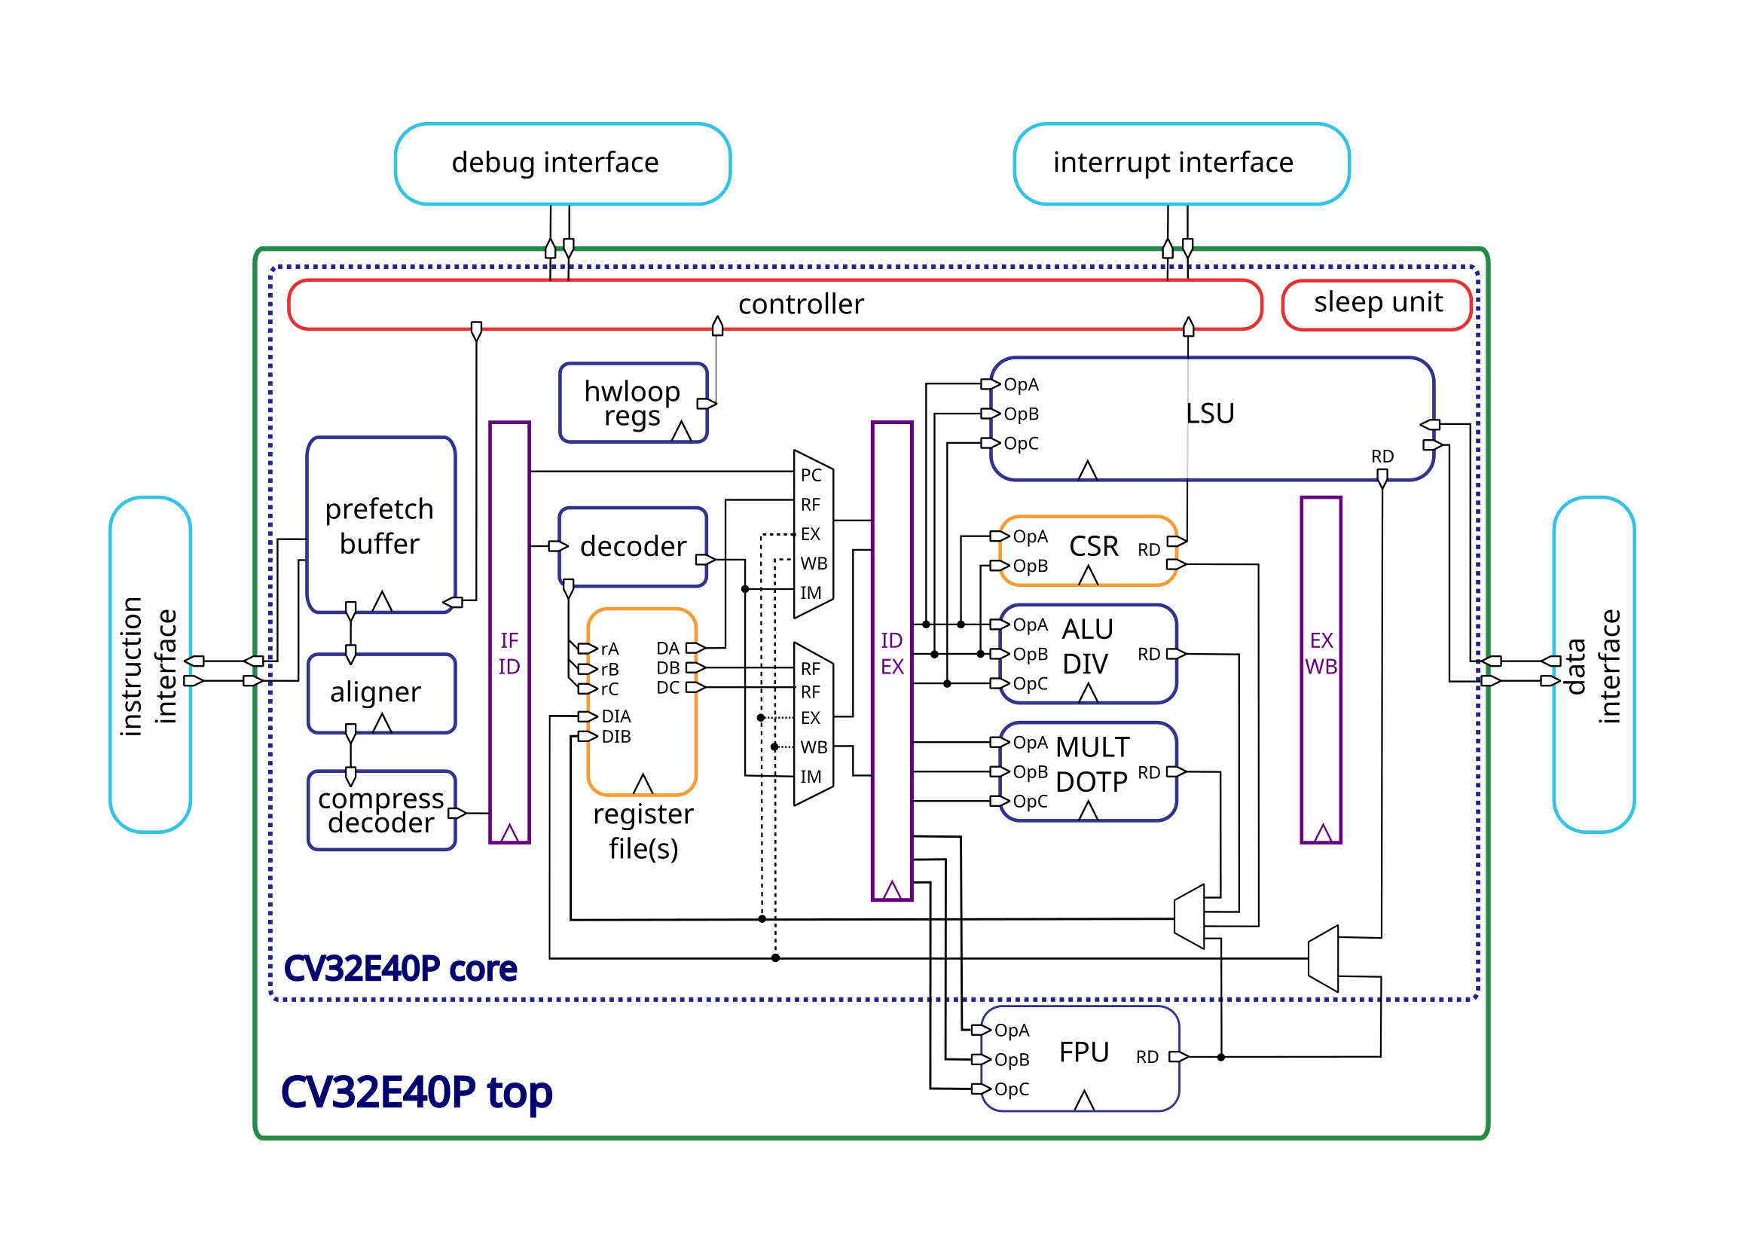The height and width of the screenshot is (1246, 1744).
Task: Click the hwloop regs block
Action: (632, 402)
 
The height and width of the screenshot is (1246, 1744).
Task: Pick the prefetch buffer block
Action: (380, 525)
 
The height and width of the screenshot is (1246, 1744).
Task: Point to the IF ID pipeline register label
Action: (509, 653)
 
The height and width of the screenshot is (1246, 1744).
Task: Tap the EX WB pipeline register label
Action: (1321, 653)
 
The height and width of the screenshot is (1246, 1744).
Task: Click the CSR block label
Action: (1093, 546)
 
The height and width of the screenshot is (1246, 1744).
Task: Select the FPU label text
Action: (1083, 1052)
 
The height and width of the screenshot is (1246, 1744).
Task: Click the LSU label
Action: (1209, 414)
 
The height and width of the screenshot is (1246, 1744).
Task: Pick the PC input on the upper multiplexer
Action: (811, 475)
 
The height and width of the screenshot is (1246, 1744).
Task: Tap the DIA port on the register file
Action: (615, 716)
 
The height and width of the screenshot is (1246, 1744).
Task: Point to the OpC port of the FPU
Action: (1010, 1089)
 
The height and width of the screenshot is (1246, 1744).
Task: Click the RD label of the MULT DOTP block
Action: (1148, 772)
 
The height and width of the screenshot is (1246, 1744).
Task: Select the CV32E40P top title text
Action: (416, 1092)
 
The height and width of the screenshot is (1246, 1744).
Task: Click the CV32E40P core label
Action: (400, 968)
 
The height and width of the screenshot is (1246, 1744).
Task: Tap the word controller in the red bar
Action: (800, 304)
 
